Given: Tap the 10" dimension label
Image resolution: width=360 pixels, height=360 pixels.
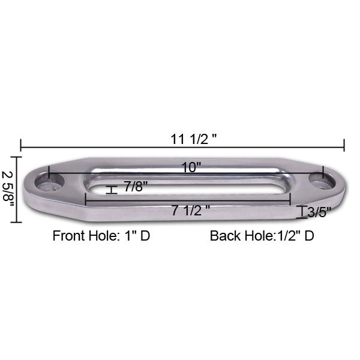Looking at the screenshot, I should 191,167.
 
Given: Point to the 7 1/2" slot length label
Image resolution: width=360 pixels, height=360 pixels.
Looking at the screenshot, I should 191,211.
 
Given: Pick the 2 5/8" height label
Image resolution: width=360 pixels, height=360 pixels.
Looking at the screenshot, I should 8,189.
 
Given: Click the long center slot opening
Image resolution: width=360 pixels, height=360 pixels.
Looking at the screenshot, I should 191,189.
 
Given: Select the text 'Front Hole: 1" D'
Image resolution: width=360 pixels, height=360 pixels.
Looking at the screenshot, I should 101,235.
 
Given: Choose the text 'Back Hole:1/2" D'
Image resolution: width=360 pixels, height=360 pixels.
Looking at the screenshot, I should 262,235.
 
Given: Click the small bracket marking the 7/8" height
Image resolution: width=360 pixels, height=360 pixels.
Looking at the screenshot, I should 110,190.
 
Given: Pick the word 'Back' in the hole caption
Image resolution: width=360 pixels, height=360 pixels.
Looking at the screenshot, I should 223,235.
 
